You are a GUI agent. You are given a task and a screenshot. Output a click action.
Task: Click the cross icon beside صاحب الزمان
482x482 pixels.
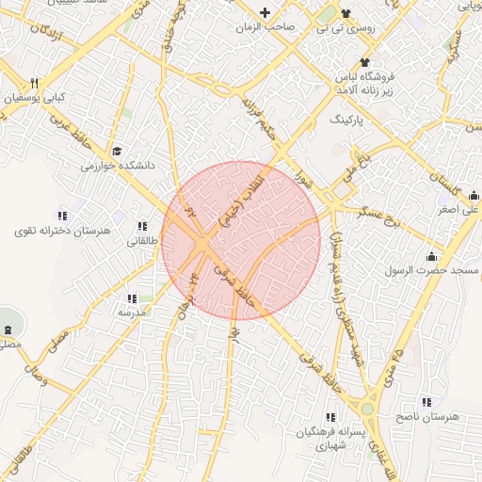[x=265, y=13]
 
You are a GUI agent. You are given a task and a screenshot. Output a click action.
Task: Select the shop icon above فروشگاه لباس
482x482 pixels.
[x=365, y=62]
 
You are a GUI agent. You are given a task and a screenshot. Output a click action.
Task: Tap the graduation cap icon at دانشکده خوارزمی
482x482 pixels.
[x=117, y=151]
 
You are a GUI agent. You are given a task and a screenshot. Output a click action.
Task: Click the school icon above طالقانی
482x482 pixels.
[x=142, y=226]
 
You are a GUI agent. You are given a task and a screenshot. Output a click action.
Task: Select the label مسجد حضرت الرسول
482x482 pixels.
[x=430, y=270]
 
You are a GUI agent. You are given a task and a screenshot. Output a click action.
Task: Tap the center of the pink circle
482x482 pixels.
[x=241, y=241]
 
